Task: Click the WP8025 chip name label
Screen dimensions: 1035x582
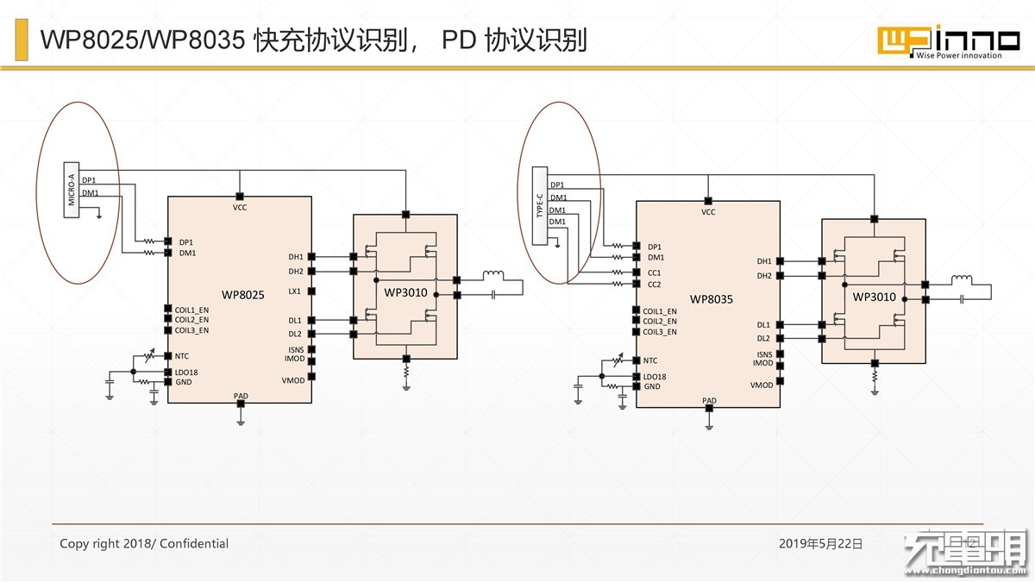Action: [x=242, y=295]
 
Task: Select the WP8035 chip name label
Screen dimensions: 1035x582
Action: [x=711, y=299]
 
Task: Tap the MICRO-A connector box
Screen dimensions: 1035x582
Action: [x=71, y=190]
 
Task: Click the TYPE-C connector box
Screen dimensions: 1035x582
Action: [x=540, y=205]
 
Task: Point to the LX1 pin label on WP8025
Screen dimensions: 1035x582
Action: [x=294, y=291]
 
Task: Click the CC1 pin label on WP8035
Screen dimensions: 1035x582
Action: [x=655, y=273]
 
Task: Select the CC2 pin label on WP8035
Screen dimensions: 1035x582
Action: [x=655, y=285]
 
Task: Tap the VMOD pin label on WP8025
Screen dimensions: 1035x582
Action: [x=293, y=380]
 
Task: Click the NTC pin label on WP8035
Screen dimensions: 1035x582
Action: [x=650, y=360]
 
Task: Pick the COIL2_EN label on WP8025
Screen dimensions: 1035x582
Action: [x=191, y=320]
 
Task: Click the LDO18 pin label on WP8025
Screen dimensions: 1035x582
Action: [x=186, y=372]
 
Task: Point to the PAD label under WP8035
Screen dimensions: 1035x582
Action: [x=709, y=400]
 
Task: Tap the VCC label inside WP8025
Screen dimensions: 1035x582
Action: [x=240, y=208]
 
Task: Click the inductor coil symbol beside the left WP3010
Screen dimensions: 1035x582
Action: [x=493, y=275]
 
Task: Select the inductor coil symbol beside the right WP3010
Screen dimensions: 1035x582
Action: [x=962, y=279]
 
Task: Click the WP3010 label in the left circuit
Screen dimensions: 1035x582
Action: [x=405, y=292]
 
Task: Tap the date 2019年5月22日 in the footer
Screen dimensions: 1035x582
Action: [x=820, y=544]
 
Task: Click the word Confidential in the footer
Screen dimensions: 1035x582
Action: [x=193, y=544]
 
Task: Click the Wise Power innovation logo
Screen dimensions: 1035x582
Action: [x=949, y=42]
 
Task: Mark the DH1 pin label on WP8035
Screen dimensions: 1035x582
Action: [x=764, y=261]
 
